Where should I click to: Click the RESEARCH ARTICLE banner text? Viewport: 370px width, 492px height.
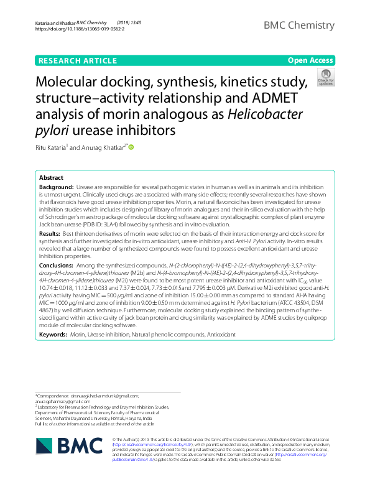78,60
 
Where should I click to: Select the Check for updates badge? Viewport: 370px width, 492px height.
325,78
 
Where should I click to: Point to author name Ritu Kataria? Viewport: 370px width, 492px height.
52,147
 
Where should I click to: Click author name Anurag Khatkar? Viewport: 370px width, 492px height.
102,147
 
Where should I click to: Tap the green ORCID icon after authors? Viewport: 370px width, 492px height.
131,147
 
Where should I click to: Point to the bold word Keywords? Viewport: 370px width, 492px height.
53,334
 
